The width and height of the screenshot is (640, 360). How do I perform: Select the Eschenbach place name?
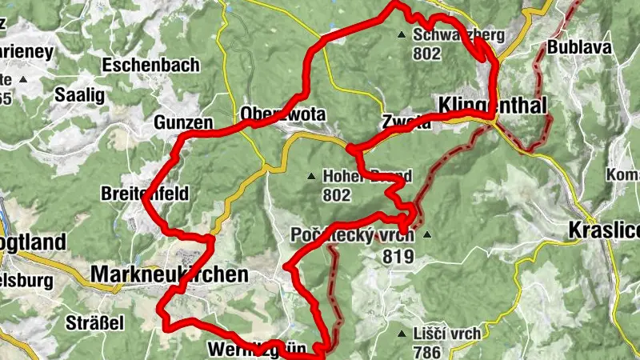[151, 66]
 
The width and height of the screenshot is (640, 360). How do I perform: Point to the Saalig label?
[79, 94]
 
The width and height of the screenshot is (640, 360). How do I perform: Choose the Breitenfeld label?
[145, 194]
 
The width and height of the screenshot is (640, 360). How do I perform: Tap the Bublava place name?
[580, 47]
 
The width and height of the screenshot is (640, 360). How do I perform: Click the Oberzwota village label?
[283, 114]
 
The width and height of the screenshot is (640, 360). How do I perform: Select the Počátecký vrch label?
[352, 236]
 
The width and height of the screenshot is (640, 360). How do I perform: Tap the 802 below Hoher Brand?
[337, 194]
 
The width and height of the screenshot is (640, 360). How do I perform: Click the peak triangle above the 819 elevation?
[426, 235]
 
